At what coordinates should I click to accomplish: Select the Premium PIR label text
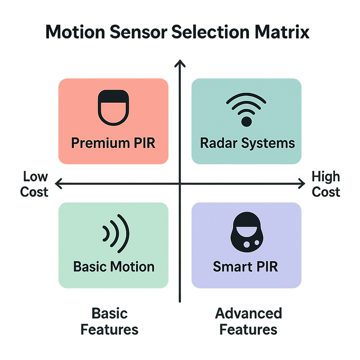click(113, 143)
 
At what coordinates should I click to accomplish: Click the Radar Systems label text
click(247, 143)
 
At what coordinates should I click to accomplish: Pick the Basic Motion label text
click(114, 266)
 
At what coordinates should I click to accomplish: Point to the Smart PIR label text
click(245, 266)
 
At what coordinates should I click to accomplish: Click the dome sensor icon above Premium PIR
click(113, 108)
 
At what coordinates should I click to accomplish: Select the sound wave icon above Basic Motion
click(116, 233)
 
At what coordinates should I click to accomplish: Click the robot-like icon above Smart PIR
click(245, 233)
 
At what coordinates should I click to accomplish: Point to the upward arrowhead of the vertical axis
click(180, 63)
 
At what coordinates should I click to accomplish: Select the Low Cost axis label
click(34, 184)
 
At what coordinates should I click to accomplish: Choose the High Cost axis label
click(326, 184)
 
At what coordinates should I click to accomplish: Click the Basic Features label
click(110, 321)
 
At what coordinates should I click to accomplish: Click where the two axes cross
click(180, 183)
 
